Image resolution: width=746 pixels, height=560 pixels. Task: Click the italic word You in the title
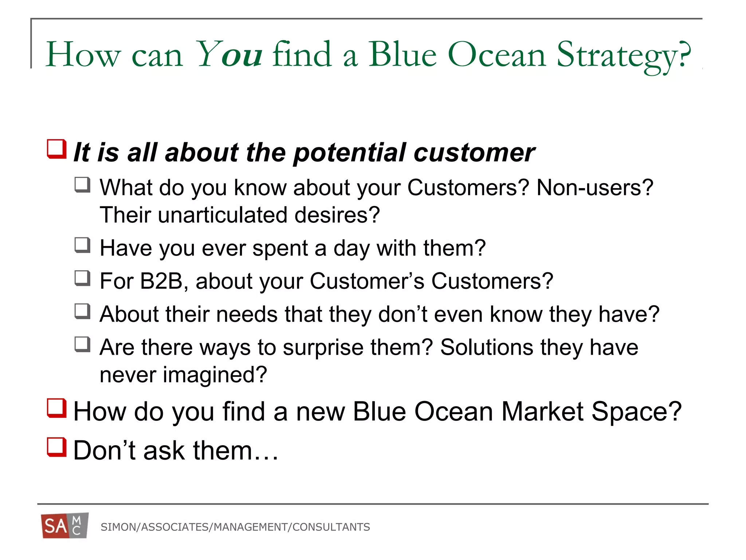229,55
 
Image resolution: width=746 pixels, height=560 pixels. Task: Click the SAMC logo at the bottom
65,526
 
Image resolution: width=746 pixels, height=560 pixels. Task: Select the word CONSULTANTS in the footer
331,527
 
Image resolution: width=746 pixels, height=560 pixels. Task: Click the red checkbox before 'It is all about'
57,149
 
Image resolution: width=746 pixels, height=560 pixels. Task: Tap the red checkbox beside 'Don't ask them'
57,447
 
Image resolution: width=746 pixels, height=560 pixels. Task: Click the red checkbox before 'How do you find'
57,408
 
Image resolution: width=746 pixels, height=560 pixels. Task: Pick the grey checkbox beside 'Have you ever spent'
82,245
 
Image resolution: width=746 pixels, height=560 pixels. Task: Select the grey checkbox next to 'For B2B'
82,279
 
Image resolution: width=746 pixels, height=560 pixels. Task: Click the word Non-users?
595,188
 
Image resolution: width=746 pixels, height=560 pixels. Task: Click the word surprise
323,347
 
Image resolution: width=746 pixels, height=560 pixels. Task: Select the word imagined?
215,376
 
